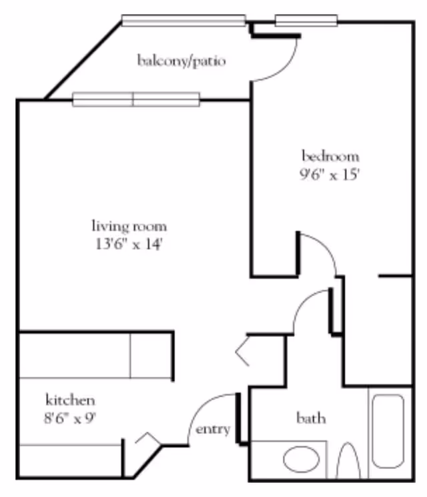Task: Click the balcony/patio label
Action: (181, 62)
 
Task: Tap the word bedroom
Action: (330, 157)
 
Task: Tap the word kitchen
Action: (70, 400)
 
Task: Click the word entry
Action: (213, 429)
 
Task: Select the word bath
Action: (311, 418)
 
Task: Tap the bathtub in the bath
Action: (388, 431)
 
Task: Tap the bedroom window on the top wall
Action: (306, 21)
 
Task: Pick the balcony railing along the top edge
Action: (183, 20)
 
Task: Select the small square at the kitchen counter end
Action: (151, 356)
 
